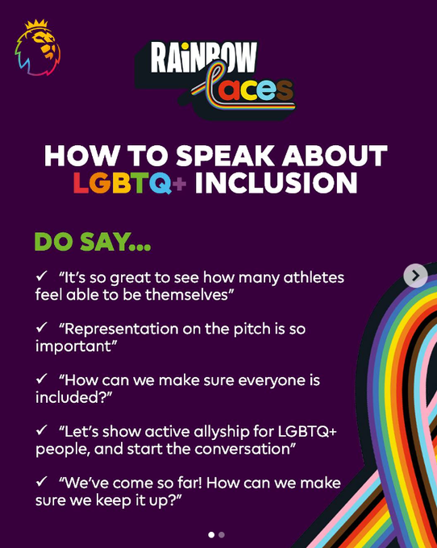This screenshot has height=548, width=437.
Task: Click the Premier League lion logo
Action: point(37,48)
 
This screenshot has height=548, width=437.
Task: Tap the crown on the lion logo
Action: point(36,24)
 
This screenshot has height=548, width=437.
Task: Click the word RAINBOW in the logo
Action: point(204,57)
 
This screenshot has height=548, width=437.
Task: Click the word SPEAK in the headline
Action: point(225,156)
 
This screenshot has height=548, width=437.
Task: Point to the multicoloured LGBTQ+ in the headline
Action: point(130,183)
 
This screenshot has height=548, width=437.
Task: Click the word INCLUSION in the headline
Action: point(277,183)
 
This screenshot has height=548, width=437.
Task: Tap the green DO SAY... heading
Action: point(93,242)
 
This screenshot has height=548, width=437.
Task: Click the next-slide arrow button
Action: point(416,276)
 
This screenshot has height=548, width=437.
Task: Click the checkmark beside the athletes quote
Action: point(42,276)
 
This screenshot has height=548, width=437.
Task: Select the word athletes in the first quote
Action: point(314,278)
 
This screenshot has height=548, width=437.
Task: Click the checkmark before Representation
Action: point(42,327)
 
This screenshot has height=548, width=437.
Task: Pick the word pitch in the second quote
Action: point(252,330)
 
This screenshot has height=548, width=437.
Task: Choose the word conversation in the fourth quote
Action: point(245,449)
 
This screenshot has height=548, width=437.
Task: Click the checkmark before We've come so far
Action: point(42,482)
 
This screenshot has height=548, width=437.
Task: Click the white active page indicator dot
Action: point(211,535)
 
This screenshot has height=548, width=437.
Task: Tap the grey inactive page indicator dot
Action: point(221,535)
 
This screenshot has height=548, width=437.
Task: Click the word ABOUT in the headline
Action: point(335,156)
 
